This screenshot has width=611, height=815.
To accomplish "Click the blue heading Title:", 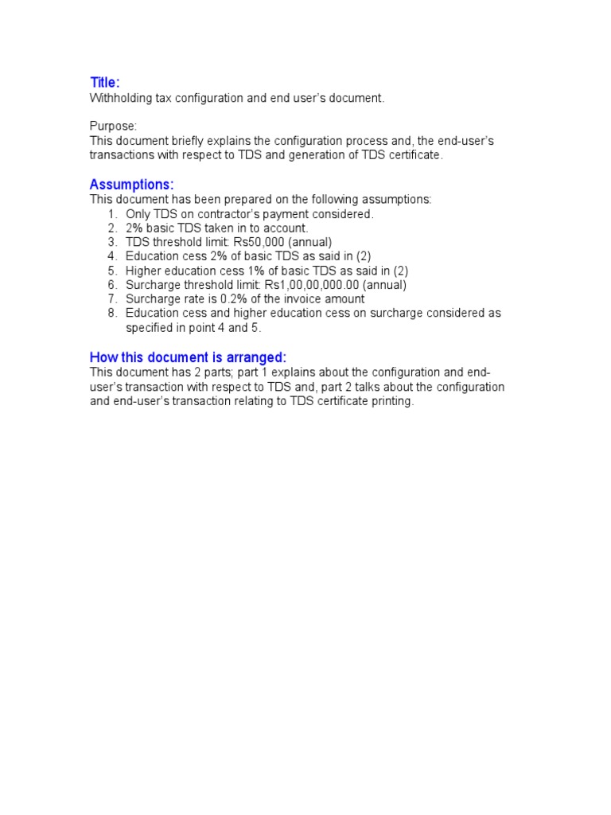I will (x=105, y=83).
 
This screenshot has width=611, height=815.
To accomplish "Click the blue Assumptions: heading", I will (x=131, y=185).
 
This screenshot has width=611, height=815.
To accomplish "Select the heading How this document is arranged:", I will (x=188, y=357).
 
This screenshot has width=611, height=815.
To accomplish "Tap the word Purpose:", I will (x=113, y=127).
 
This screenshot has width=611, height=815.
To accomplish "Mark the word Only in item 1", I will (x=138, y=214).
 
